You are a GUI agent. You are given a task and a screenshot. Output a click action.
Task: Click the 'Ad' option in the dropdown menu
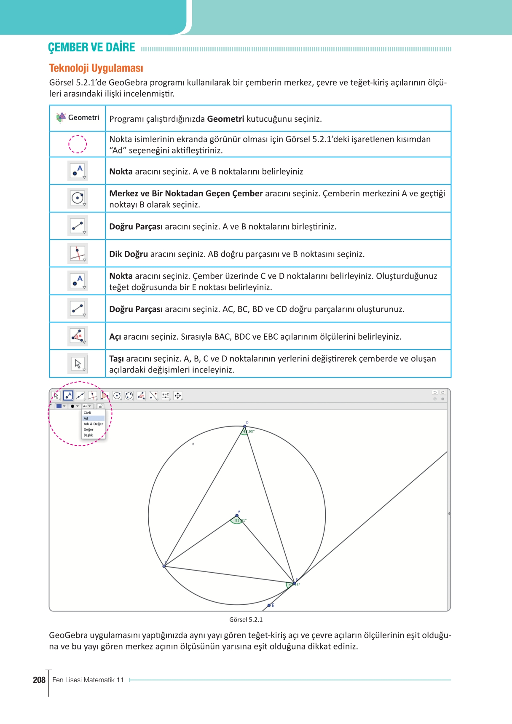[x=86, y=418]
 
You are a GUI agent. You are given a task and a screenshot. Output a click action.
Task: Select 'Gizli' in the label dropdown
[x=87, y=413]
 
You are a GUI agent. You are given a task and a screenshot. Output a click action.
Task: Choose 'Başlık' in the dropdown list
[x=88, y=435]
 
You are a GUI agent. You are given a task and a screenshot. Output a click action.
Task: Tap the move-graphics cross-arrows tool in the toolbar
[x=178, y=396]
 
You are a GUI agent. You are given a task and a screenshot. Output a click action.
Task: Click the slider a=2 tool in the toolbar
[x=166, y=396]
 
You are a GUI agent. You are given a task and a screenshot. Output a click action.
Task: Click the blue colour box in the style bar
[x=59, y=406]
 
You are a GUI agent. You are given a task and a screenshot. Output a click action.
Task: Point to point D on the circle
[x=245, y=426]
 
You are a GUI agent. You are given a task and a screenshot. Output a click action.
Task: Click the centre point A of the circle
[x=237, y=515]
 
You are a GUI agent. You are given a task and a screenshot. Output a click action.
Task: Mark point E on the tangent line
[x=269, y=606]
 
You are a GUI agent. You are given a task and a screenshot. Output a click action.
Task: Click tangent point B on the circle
[x=294, y=583]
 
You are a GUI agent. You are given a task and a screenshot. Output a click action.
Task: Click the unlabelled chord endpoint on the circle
[x=164, y=566]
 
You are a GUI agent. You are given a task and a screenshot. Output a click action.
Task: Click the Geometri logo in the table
[x=61, y=117]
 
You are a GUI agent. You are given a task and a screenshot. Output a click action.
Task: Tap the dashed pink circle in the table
[x=78, y=144]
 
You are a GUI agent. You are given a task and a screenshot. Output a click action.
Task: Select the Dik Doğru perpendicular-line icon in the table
[x=78, y=254]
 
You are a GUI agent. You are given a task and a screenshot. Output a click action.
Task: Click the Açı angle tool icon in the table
[x=78, y=336]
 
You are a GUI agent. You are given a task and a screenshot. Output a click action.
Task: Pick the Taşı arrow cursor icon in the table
[x=78, y=364]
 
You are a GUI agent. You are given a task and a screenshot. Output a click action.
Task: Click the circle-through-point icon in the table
[x=78, y=198]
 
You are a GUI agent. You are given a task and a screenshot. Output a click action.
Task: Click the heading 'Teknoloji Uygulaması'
[x=96, y=68]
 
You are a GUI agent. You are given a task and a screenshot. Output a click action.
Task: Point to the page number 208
[x=39, y=680]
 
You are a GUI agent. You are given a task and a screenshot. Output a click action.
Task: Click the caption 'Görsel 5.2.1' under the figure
[x=246, y=619]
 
